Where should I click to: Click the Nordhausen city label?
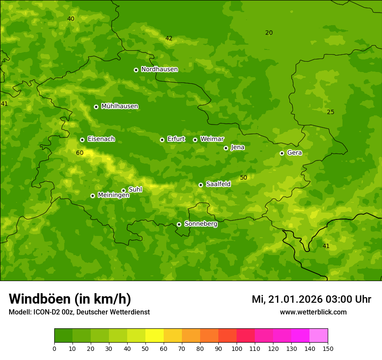tap(159, 69)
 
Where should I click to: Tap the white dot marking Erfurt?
tap(162, 140)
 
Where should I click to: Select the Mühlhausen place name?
tap(119, 106)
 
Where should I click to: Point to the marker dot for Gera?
tap(282, 153)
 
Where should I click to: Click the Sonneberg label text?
tap(201, 224)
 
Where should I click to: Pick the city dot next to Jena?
tap(226, 148)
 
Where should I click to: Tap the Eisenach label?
tap(101, 139)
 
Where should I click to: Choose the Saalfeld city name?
tap(218, 184)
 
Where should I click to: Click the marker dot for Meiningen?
tap(92, 196)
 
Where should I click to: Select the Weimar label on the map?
tap(212, 139)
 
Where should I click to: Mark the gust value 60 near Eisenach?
tap(80, 153)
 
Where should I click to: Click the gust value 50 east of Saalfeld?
tap(244, 177)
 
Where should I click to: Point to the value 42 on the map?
tap(169, 38)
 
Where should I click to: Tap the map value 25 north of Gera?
tap(330, 112)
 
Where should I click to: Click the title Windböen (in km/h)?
tap(70, 299)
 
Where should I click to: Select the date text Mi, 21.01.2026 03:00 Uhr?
tap(311, 299)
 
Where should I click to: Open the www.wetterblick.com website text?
tap(313, 312)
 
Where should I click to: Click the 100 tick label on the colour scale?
tap(237, 348)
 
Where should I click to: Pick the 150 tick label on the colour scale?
tap(328, 348)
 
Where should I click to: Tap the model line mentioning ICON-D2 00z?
tap(79, 312)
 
